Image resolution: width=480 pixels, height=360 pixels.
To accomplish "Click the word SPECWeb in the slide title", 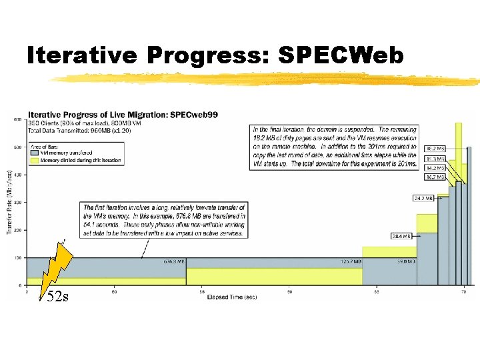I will (341, 57).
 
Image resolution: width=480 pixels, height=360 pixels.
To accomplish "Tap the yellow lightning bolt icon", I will (59, 266).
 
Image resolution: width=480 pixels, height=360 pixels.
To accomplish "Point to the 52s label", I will (57, 297).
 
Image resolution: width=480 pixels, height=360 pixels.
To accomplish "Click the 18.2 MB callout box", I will (435, 148).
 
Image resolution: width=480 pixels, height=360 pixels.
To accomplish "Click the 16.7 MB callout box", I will (435, 178).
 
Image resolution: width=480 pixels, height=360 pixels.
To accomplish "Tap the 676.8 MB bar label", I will (175, 261).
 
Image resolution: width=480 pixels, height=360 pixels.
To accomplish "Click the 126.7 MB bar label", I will (351, 261).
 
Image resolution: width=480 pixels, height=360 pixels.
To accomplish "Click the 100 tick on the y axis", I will (18, 257).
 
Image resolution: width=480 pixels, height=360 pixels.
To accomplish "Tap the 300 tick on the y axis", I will (18, 202).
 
